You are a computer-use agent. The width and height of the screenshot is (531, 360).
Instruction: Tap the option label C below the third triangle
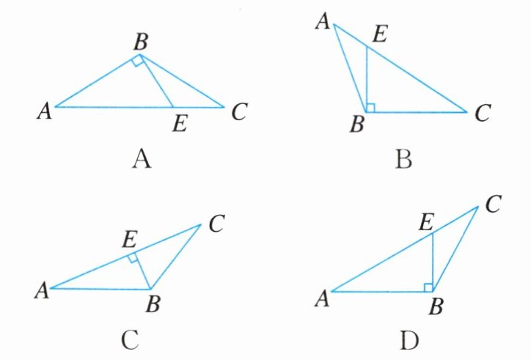[x=128, y=339]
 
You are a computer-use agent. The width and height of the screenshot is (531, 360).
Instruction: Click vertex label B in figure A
[x=139, y=42]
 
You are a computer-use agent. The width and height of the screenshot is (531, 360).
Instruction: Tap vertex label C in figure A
[x=238, y=112]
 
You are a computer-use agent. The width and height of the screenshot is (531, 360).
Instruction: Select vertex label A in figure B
[x=321, y=23]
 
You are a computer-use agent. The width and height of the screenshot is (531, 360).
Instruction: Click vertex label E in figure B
[x=378, y=34]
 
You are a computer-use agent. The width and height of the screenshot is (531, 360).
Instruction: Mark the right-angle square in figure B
[x=370, y=108]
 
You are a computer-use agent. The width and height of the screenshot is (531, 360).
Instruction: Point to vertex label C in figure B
[x=481, y=113]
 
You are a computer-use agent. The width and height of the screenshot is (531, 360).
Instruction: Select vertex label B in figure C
[x=153, y=305]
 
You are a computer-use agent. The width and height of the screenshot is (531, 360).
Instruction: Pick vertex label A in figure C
[x=41, y=290]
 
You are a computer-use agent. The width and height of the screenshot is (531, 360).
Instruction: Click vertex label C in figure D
[x=492, y=205]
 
